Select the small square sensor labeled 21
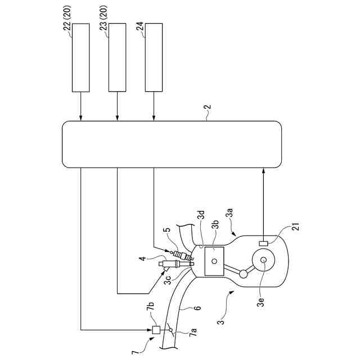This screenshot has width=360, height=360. coord(263,243)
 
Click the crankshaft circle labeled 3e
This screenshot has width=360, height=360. coord(263,262)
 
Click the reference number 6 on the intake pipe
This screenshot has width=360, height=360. coord(198,308)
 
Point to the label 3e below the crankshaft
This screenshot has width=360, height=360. coord(260,302)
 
